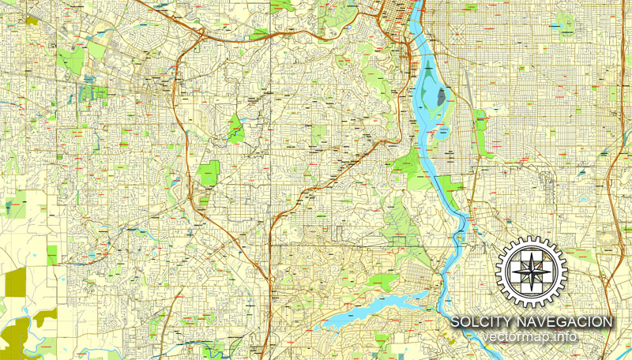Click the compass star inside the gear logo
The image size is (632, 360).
[x=530, y=271]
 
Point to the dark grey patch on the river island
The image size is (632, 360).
[x=440, y=99]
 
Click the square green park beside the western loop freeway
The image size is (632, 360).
[x=209, y=172]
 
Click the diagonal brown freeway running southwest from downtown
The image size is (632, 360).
[x=316, y=182]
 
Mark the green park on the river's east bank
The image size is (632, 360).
[x=452, y=185]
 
